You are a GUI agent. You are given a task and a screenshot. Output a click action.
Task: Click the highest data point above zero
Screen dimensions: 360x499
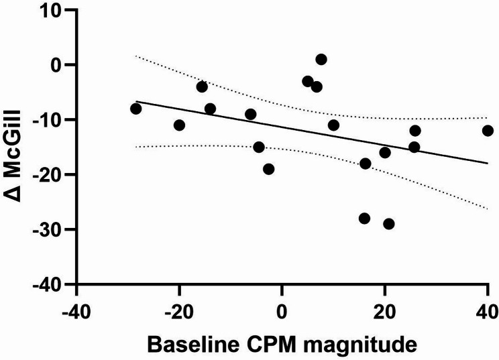coord(321,60)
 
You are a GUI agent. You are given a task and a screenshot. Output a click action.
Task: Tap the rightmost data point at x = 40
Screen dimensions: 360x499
coord(488,131)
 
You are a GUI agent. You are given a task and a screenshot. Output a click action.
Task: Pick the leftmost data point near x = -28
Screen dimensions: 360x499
coord(136,109)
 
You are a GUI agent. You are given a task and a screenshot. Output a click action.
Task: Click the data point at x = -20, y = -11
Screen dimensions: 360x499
coord(179,125)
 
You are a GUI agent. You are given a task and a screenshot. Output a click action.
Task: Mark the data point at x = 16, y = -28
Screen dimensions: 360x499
coord(364,219)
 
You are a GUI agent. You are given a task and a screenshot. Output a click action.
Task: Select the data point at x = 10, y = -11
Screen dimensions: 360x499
coord(333,125)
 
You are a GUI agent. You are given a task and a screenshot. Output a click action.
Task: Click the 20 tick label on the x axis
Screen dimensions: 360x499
coord(384,312)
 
